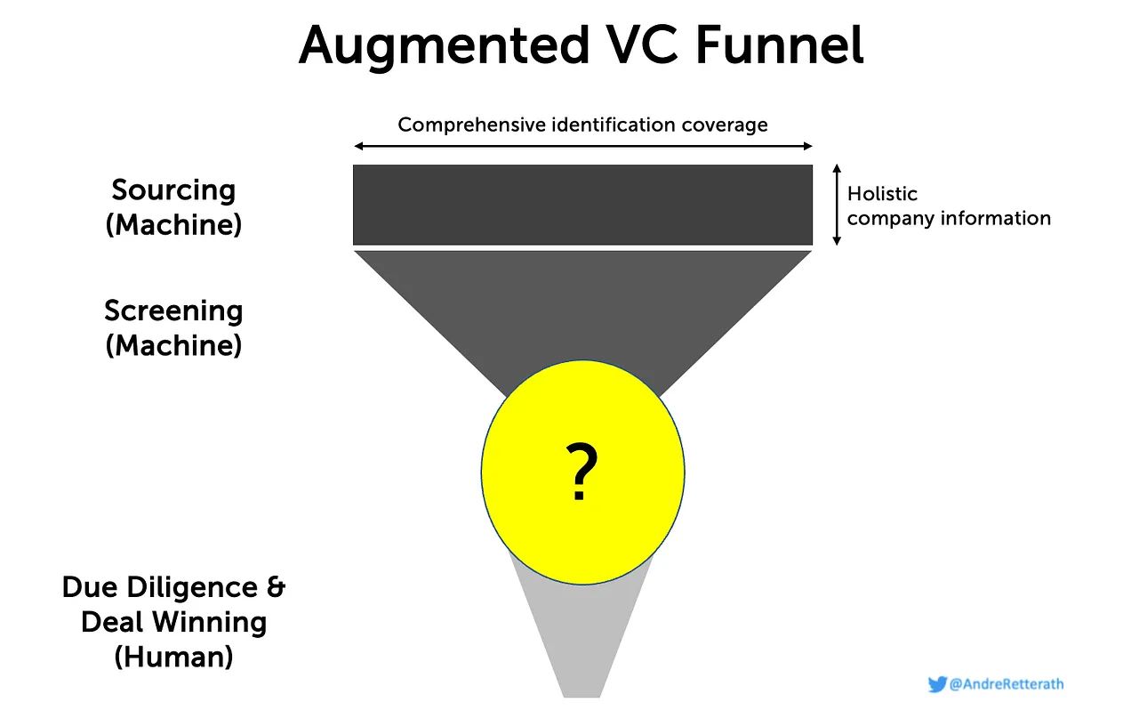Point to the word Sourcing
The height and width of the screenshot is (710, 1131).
tap(173, 190)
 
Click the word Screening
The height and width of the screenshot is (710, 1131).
tap(173, 311)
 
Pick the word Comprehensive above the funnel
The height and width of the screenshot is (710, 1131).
tap(471, 125)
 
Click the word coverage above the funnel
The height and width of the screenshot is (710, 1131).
tap(725, 125)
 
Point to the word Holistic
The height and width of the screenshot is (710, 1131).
tap(882, 194)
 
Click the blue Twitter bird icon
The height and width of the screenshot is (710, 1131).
tap(937, 684)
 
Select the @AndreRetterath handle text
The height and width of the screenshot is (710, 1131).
tap(1007, 684)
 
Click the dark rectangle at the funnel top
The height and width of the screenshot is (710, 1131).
tap(582, 204)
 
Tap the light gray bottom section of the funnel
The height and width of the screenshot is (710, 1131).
tap(582, 641)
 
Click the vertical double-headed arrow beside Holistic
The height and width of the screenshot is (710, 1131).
tap(836, 205)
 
